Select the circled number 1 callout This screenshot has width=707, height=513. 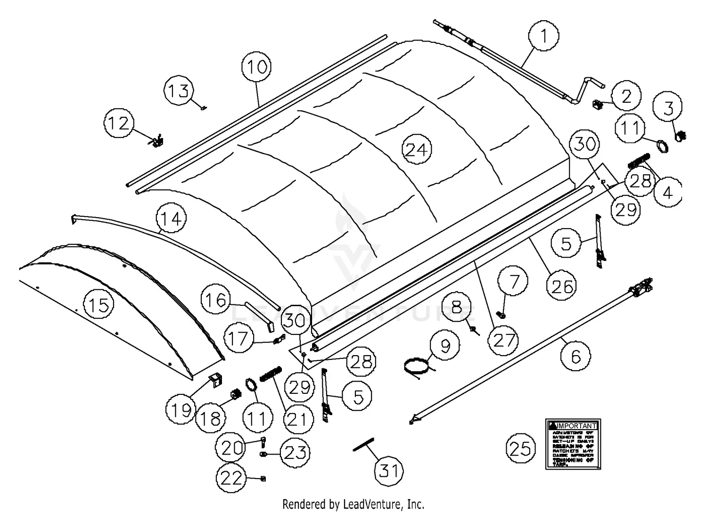coord(543,36)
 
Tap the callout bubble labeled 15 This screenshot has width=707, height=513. coord(99,305)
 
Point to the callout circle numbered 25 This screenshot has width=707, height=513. coord(521,449)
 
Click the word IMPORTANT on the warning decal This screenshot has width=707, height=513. coord(576,425)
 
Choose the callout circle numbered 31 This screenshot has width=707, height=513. coord(389,470)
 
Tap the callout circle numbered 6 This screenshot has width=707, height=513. coord(575,357)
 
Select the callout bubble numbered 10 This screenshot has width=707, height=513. coord(257,67)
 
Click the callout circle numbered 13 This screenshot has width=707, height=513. coord(179,90)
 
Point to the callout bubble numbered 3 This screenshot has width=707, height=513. coord(668,108)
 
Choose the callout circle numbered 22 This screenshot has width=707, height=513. coord(231,478)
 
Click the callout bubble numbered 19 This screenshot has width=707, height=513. coord(181,410)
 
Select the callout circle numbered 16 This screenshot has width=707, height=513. coord(216,300)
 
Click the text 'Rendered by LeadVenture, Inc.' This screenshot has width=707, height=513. coord(353,504)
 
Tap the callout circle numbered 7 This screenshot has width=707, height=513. coord(514,282)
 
